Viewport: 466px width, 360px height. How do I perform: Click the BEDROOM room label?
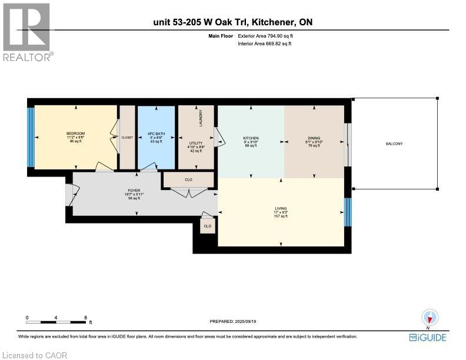[75, 134]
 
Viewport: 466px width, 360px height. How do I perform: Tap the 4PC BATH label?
[156, 134]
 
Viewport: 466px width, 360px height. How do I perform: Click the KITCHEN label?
[251, 138]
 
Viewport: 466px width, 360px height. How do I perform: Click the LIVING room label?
[280, 208]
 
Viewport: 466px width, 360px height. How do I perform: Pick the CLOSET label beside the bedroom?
[127, 138]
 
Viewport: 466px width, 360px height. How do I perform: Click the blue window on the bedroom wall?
[31, 137]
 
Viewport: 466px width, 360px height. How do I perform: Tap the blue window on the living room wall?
[347, 212]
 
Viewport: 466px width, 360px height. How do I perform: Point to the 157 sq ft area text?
[280, 217]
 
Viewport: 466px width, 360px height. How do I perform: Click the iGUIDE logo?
[428, 338]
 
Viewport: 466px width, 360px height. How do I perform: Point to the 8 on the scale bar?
[86, 318]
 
